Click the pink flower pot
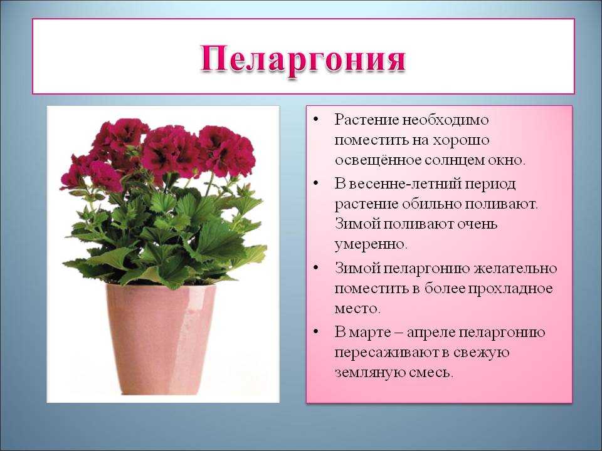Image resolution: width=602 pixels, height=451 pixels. [x=161, y=339]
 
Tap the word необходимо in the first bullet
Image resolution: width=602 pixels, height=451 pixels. [x=445, y=120]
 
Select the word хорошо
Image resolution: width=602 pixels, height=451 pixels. [x=461, y=140]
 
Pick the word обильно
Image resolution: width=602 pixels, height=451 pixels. [x=431, y=204]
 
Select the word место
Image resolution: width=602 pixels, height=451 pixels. [x=357, y=309]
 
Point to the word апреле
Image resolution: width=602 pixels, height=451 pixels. [x=430, y=332]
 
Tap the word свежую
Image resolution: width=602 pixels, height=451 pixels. [x=481, y=353]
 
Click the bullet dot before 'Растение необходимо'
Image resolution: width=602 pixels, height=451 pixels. [x=315, y=120]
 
